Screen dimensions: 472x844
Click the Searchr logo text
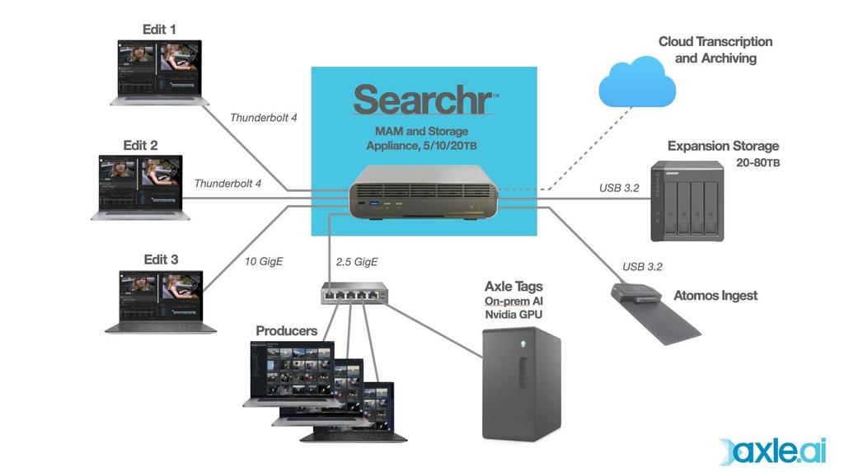point(424,100)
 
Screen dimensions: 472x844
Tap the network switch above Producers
point(355,292)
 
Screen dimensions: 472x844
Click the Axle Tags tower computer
point(520,384)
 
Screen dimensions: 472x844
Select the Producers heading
point(286,331)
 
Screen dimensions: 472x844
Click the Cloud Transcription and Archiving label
point(715,49)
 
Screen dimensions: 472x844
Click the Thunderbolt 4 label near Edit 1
point(263,118)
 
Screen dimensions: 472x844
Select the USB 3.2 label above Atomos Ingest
point(642,267)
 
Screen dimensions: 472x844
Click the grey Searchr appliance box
point(424,194)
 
